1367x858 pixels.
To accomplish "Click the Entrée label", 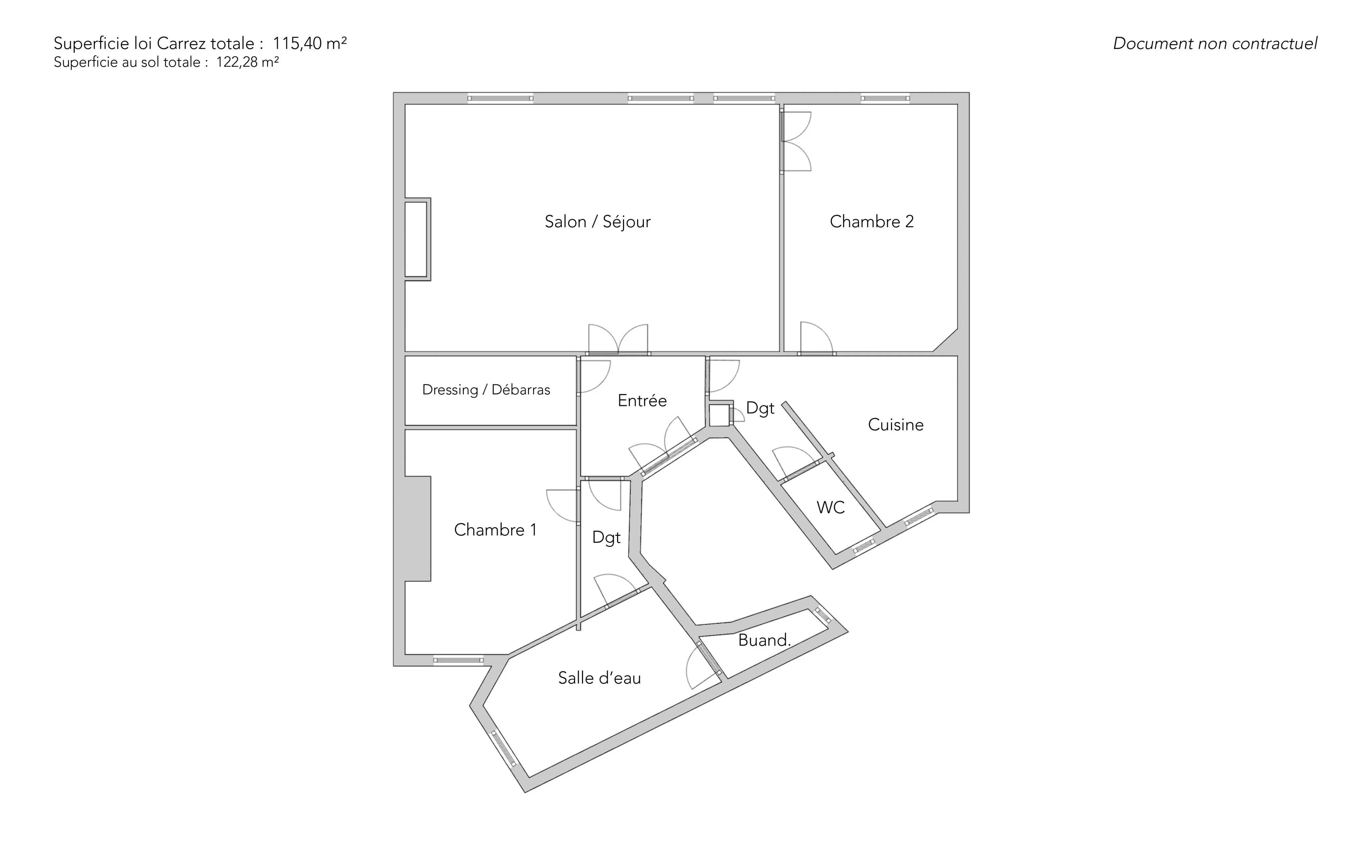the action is pyautogui.click(x=642, y=401).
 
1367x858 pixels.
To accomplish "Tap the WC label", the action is pyautogui.click(x=831, y=507).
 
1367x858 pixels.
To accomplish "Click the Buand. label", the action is pyautogui.click(x=764, y=640).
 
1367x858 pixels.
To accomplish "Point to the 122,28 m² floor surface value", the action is pyautogui.click(x=248, y=62).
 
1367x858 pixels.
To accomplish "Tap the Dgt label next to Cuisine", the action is pyautogui.click(x=760, y=409).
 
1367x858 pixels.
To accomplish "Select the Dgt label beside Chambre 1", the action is pyautogui.click(x=606, y=538).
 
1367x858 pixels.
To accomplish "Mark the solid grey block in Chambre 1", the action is pyautogui.click(x=418, y=528).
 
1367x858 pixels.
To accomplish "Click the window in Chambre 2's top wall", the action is pyautogui.click(x=885, y=98).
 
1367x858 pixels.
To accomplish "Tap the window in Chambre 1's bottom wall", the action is pyautogui.click(x=458, y=660).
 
